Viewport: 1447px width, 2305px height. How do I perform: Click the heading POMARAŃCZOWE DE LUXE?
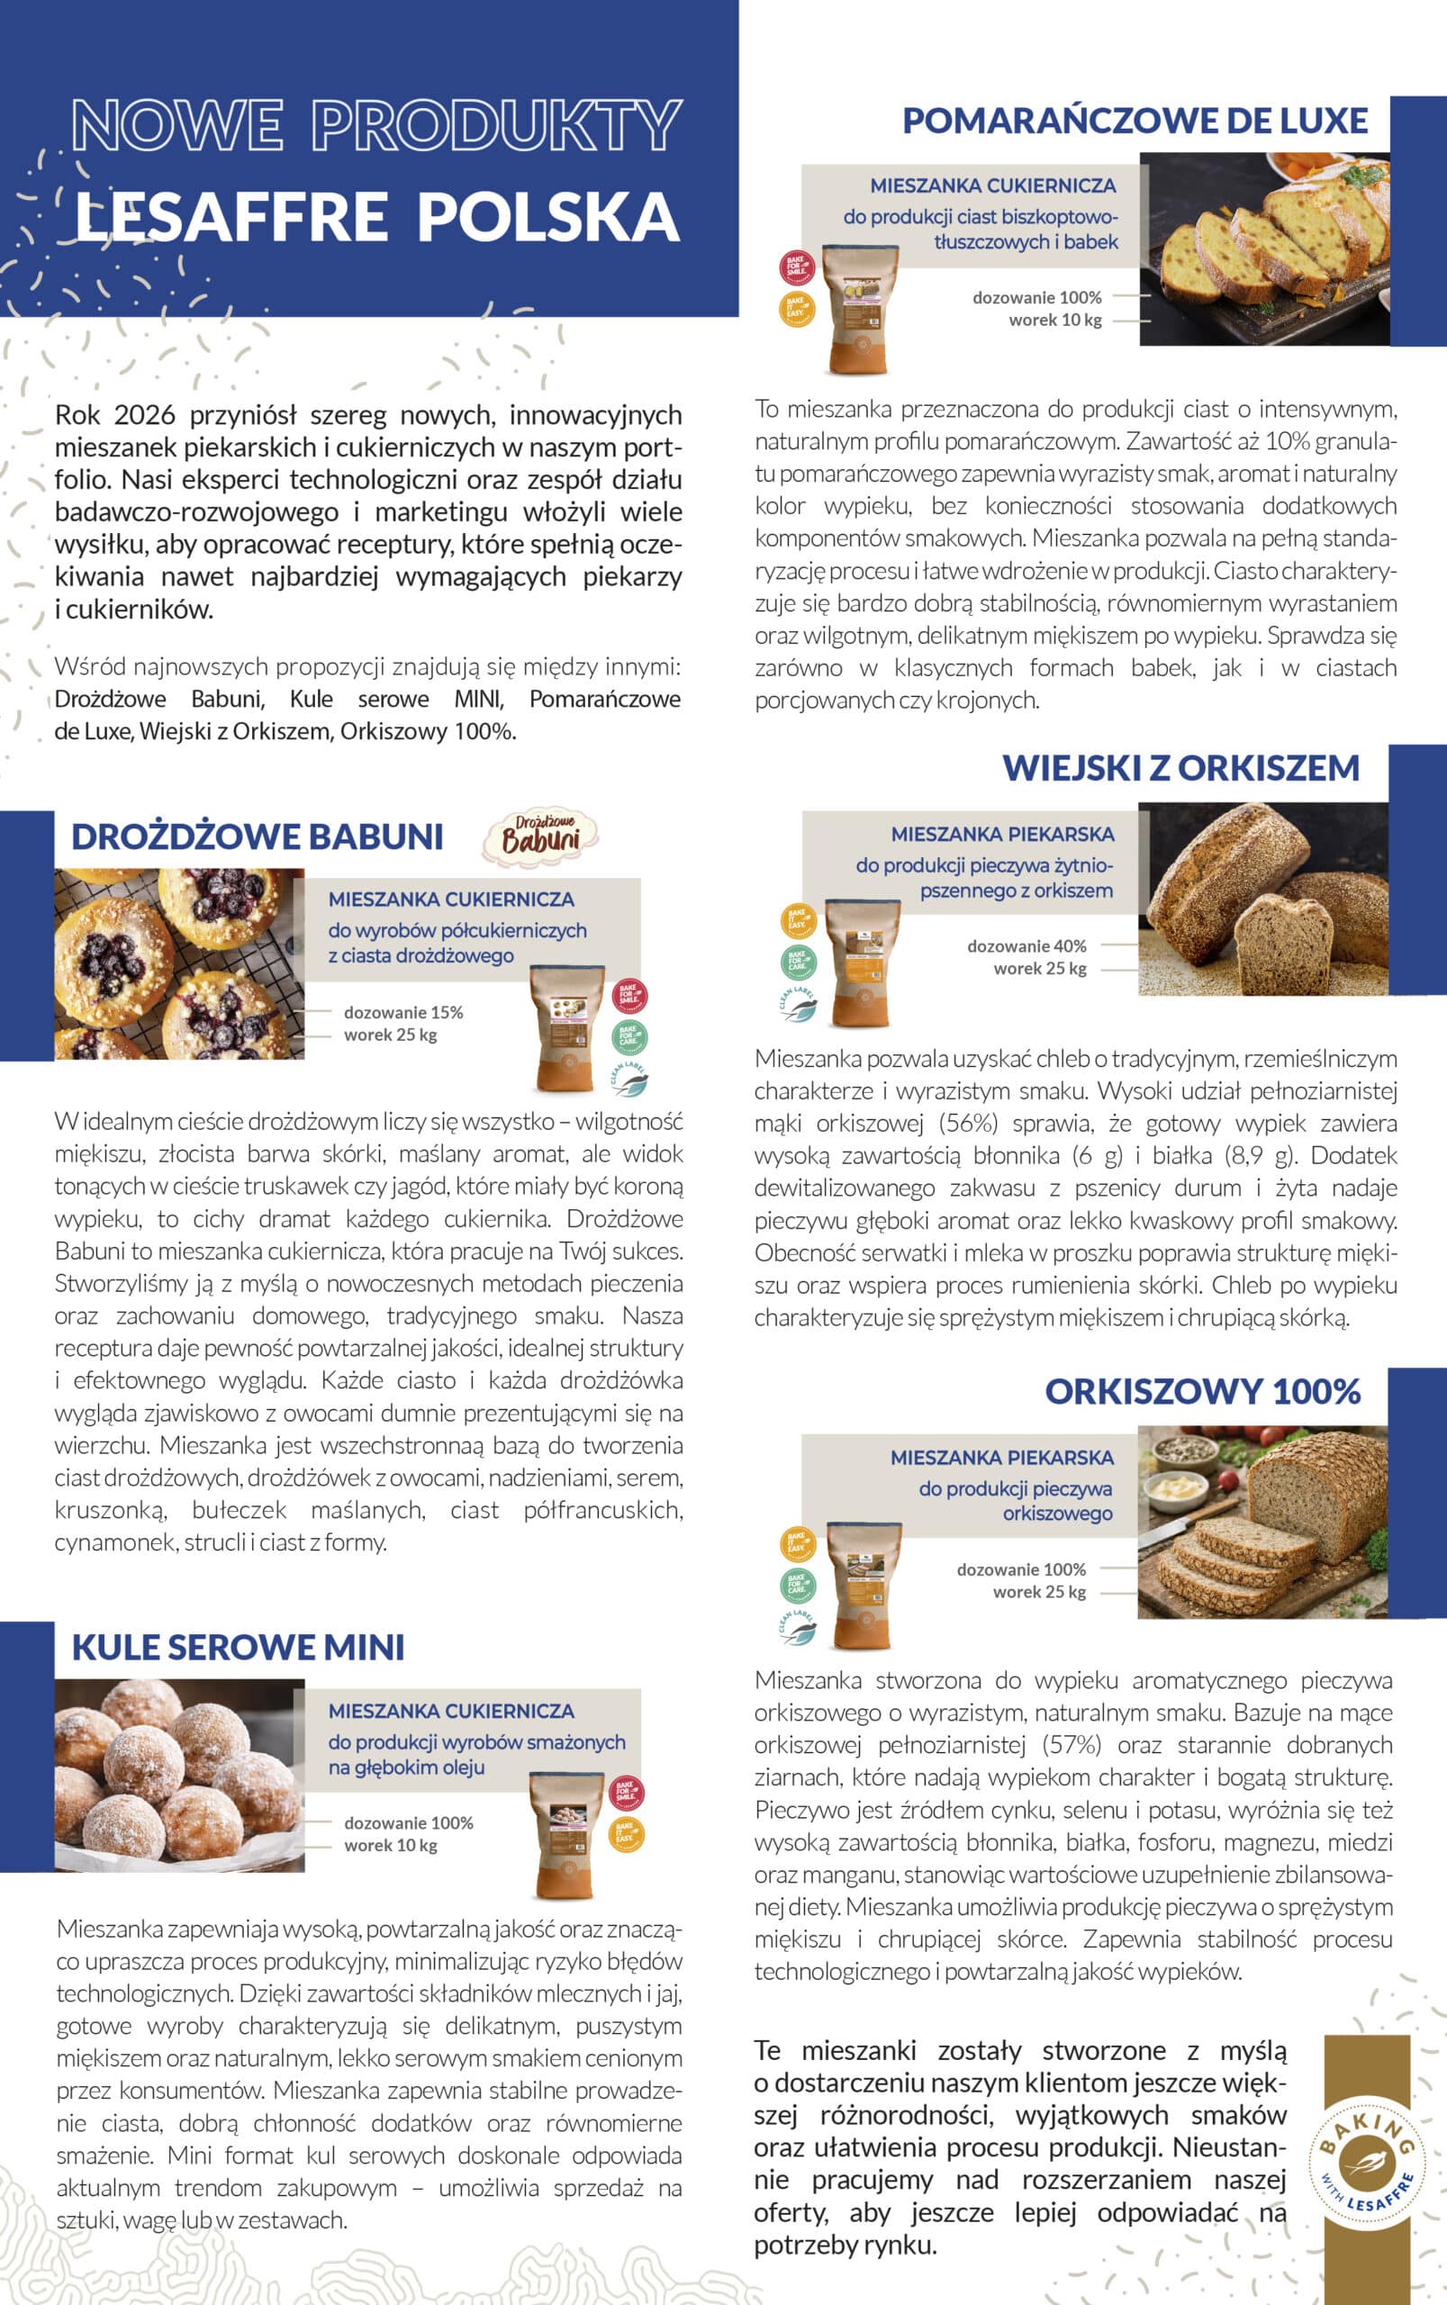click(x=1135, y=121)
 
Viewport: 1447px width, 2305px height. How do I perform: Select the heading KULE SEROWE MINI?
click(x=239, y=1647)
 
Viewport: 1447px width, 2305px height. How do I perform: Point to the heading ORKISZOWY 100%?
click(x=1202, y=1390)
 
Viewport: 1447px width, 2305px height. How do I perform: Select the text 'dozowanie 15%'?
click(x=402, y=1012)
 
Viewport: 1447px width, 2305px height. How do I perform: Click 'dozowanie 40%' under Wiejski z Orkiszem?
click(x=1026, y=945)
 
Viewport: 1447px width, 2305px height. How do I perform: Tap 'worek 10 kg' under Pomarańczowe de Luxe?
click(x=1054, y=320)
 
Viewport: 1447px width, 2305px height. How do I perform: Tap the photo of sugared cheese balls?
click(x=179, y=1775)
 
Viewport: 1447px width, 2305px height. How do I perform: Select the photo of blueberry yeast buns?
click(x=179, y=963)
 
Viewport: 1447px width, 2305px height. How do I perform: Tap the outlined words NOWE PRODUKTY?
click(x=376, y=124)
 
